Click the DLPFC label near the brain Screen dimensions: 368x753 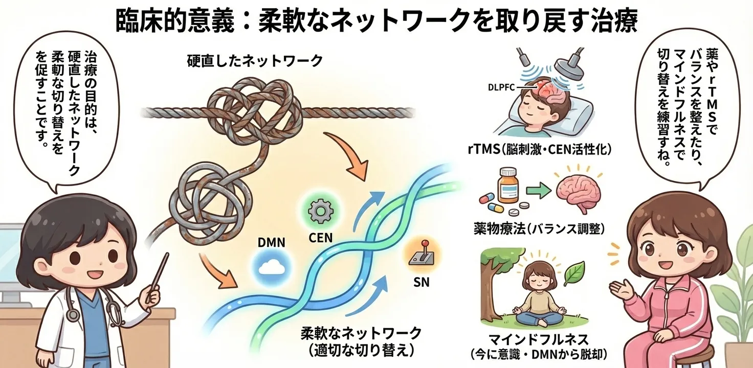coord(502,87)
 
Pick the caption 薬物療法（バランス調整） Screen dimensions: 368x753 coord(540,227)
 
